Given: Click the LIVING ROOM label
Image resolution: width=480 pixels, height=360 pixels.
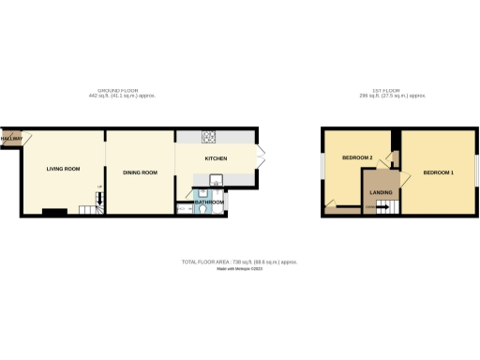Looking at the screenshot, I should coord(64,169).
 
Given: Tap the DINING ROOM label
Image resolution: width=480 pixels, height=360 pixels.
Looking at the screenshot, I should coord(140,172).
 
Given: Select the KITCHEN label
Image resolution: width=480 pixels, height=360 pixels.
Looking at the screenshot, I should coord(216,157).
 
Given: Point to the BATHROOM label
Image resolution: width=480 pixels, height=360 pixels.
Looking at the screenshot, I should coord(209,202).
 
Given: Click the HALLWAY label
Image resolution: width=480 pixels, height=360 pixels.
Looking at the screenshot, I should coord(11,139).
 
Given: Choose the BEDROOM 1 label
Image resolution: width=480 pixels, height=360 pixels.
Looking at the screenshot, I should coord(438,173).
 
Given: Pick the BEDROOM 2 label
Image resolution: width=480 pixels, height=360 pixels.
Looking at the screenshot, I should coord(357,157).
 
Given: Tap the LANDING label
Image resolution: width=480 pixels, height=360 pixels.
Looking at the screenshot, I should coord(381,192).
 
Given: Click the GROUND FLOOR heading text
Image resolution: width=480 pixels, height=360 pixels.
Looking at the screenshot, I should coord(122,91).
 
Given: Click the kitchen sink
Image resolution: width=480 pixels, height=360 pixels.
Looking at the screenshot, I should coord(216,180).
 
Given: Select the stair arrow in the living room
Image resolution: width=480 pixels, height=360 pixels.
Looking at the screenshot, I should coord(100,198).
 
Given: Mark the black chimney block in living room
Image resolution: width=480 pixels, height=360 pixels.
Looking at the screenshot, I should coord(53,212).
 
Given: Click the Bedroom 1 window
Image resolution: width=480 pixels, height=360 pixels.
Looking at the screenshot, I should coord(476,169).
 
